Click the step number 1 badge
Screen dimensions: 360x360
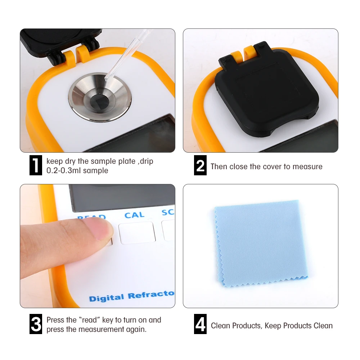(x=35, y=166)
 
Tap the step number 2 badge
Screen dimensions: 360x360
(x=200, y=166)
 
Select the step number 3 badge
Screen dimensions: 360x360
(x=35, y=324)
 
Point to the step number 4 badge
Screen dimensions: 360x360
(x=200, y=324)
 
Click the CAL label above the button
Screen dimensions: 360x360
(x=134, y=215)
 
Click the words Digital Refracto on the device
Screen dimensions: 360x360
(x=131, y=297)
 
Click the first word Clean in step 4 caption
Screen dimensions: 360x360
(x=220, y=326)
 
